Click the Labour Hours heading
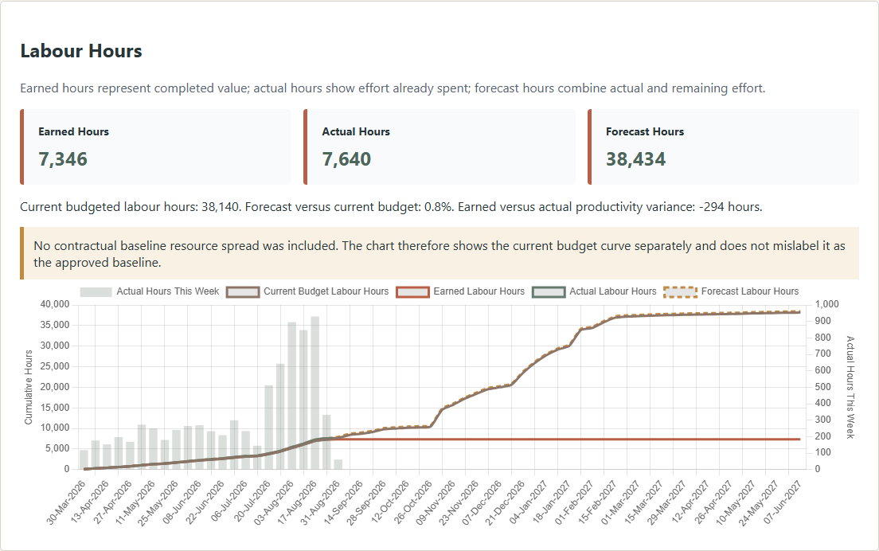[81, 51]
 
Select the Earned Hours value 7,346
[63, 159]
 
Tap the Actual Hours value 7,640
[346, 159]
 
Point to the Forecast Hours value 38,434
[635, 159]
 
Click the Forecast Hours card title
[645, 131]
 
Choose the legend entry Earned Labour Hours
[460, 291]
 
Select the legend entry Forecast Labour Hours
[731, 291]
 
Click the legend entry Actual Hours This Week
[150, 291]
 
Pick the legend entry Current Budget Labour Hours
[307, 291]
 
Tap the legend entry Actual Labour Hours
[594, 291]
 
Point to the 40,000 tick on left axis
[55, 304]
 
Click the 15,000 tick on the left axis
[55, 408]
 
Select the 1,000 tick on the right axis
[827, 304]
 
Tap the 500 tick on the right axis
[823, 387]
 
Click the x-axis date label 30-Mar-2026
[66, 502]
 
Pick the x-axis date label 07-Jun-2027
[782, 502]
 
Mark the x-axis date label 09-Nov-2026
[436, 502]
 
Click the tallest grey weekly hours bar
[315, 393]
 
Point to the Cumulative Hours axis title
[29, 387]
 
